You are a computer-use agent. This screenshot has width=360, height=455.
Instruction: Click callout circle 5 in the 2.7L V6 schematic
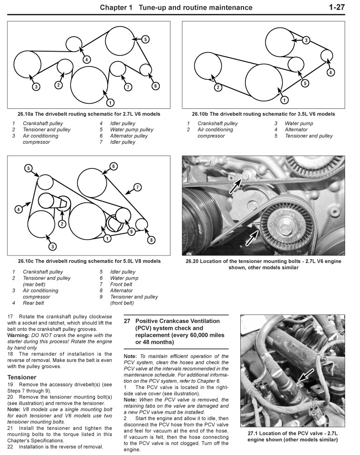145,40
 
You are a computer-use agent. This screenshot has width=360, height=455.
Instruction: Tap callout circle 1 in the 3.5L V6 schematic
284,100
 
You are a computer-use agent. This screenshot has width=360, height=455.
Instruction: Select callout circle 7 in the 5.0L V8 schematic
137,187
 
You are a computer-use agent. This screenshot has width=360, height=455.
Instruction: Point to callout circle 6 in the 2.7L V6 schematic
156,86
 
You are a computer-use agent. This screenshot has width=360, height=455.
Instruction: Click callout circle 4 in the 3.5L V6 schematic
330,72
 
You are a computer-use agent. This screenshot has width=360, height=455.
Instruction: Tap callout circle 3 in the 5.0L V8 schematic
53,246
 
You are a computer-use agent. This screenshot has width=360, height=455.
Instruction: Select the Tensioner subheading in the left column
22,377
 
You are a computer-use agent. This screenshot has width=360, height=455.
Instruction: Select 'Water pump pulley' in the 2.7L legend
131,130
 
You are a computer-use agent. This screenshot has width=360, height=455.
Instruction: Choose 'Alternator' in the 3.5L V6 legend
296,130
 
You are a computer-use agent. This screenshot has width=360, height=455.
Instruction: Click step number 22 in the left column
10,447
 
